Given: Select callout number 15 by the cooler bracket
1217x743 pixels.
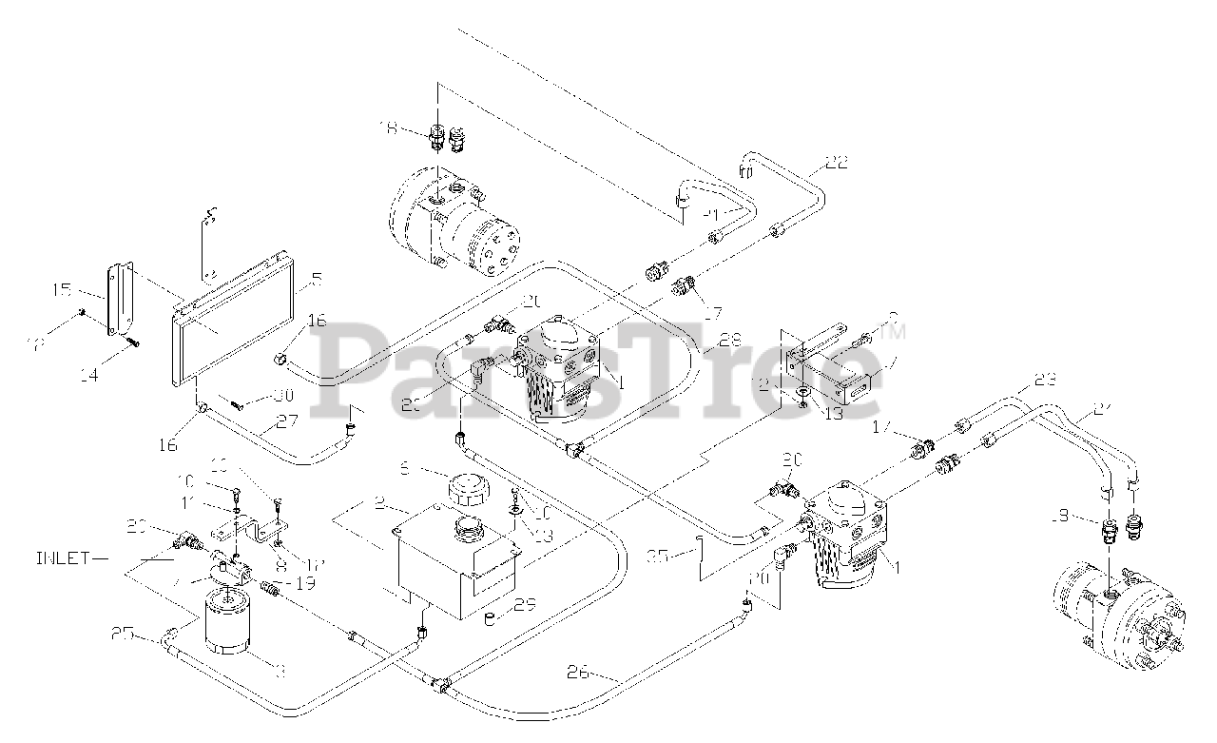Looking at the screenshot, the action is (63, 287).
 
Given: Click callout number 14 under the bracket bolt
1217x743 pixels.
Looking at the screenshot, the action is (89, 376).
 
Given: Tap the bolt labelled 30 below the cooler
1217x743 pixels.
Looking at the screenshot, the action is (237, 403).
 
